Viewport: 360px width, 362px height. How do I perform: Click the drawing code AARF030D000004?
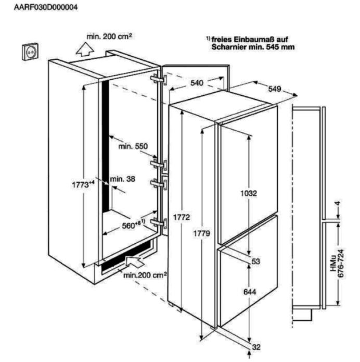(x=46, y=7)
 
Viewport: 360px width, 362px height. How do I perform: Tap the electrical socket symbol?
(x=30, y=52)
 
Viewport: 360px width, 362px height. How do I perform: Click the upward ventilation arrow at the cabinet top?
(x=85, y=49)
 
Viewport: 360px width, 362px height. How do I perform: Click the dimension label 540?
(x=197, y=83)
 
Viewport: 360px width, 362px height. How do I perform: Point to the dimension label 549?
(x=275, y=89)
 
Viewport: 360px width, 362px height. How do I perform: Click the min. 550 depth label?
(x=133, y=146)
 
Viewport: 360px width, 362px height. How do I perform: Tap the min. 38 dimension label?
(x=123, y=179)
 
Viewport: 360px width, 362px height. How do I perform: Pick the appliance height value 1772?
(x=182, y=217)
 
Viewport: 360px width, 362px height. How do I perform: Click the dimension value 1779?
(x=201, y=234)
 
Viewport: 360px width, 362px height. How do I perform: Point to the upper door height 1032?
(x=249, y=193)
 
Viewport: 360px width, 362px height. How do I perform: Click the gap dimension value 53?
(x=256, y=261)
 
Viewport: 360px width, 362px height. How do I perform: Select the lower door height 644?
(x=250, y=292)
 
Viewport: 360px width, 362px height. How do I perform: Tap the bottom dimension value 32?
(x=256, y=347)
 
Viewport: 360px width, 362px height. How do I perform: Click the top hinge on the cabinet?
(x=159, y=79)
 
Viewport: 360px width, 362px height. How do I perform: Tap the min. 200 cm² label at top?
(x=109, y=36)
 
